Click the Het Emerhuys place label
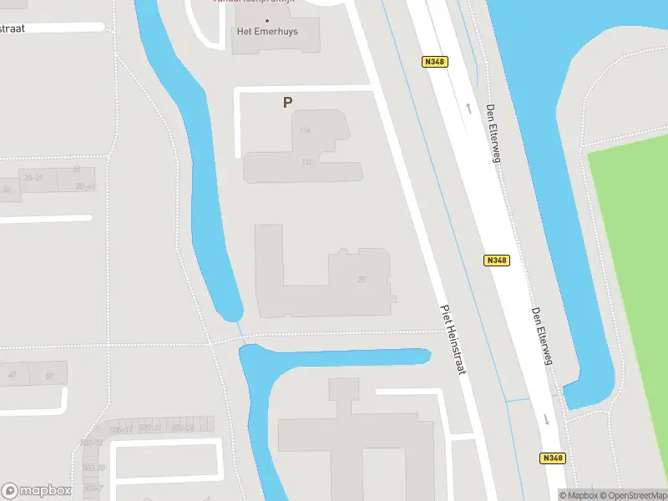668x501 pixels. (x=267, y=33)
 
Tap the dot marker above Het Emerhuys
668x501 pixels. (x=267, y=20)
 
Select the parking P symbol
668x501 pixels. (x=287, y=103)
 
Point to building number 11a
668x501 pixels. (x=305, y=131)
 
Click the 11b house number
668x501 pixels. (x=307, y=161)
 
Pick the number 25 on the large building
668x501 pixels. (x=361, y=280)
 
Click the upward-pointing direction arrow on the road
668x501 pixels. (x=468, y=108)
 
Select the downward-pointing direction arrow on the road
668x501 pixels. (x=546, y=418)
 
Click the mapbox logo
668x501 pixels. (x=36, y=490)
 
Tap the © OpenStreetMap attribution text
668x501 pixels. (x=633, y=494)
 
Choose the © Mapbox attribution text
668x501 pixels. (x=578, y=494)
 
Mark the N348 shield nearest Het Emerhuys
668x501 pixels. (x=435, y=61)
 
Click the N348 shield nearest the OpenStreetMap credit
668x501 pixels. (x=552, y=458)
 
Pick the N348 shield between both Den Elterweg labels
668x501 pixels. (x=496, y=261)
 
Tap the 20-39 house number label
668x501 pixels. (x=33, y=178)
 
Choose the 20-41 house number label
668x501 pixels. (x=84, y=186)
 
